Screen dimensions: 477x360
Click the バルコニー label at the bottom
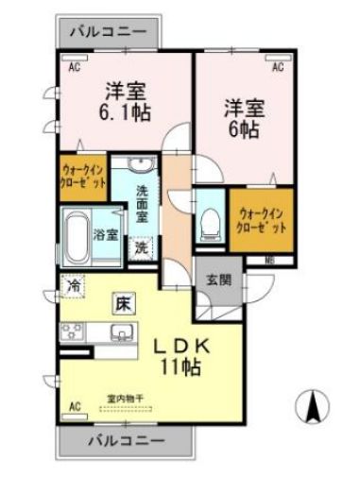click(128, 441)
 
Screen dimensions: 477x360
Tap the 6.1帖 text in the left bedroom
click(125, 111)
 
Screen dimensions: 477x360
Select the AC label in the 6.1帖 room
click(74, 67)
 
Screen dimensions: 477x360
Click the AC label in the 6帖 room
click(278, 67)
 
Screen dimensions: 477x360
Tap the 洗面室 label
click(142, 204)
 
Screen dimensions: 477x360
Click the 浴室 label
click(106, 235)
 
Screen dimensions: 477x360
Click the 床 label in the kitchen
click(124, 303)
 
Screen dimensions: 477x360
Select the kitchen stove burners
click(72, 332)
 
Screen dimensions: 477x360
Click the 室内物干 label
click(125, 400)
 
